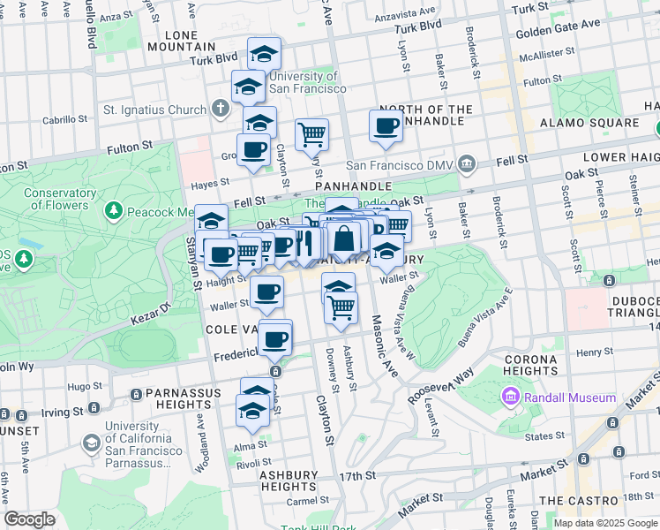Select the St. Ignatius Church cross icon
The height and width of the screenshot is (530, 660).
tap(221, 110)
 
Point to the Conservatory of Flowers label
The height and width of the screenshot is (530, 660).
tap(60, 200)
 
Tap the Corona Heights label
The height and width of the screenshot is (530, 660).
tap(531, 367)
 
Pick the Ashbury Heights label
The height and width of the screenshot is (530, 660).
tap(288, 481)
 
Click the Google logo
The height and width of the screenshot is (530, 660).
tap(29, 519)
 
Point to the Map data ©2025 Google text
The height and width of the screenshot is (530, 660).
tap(604, 523)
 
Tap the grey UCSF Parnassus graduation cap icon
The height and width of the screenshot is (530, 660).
tap(91, 443)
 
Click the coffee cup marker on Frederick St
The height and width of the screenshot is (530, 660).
tap(275, 338)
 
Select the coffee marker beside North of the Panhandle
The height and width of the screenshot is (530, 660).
tap(386, 126)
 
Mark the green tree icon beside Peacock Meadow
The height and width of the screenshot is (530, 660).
tap(113, 211)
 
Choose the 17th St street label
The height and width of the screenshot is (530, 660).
tap(356, 476)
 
